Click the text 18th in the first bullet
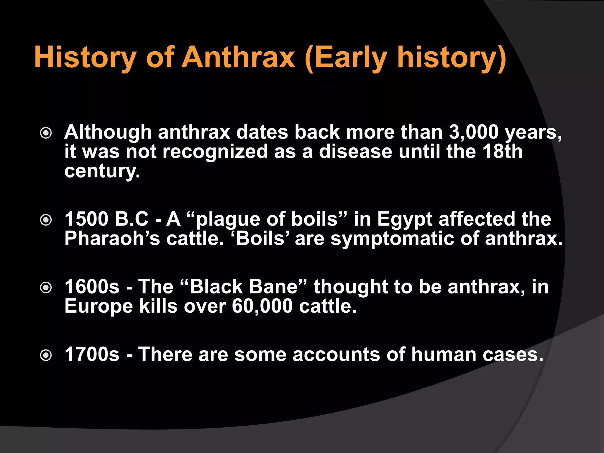coord(502,151)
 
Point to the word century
coord(102,171)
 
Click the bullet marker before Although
coord(46,133)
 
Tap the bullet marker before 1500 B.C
coord(46,220)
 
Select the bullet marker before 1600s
coord(46,288)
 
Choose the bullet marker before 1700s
coord(46,355)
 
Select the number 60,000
coord(262,306)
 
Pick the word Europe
coord(99,307)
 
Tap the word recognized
coord(215,152)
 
